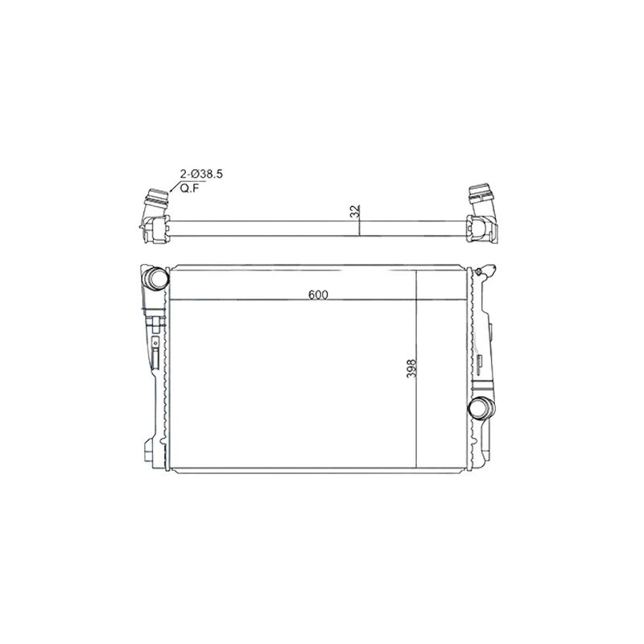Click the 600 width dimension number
(318, 295)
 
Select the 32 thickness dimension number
(356, 211)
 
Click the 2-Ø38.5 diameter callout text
(201, 174)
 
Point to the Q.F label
(189, 188)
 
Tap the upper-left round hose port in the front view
(155, 278)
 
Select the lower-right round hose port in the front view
(482, 408)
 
